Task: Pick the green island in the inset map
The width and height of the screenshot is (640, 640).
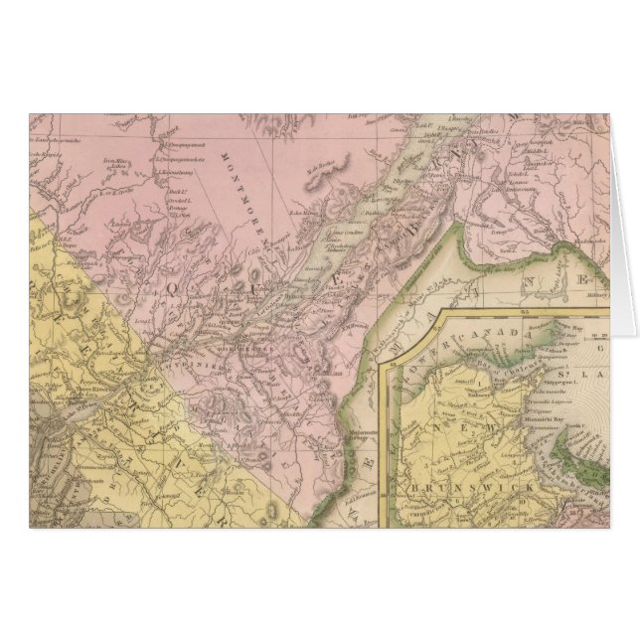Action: pyautogui.click(x=586, y=467)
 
